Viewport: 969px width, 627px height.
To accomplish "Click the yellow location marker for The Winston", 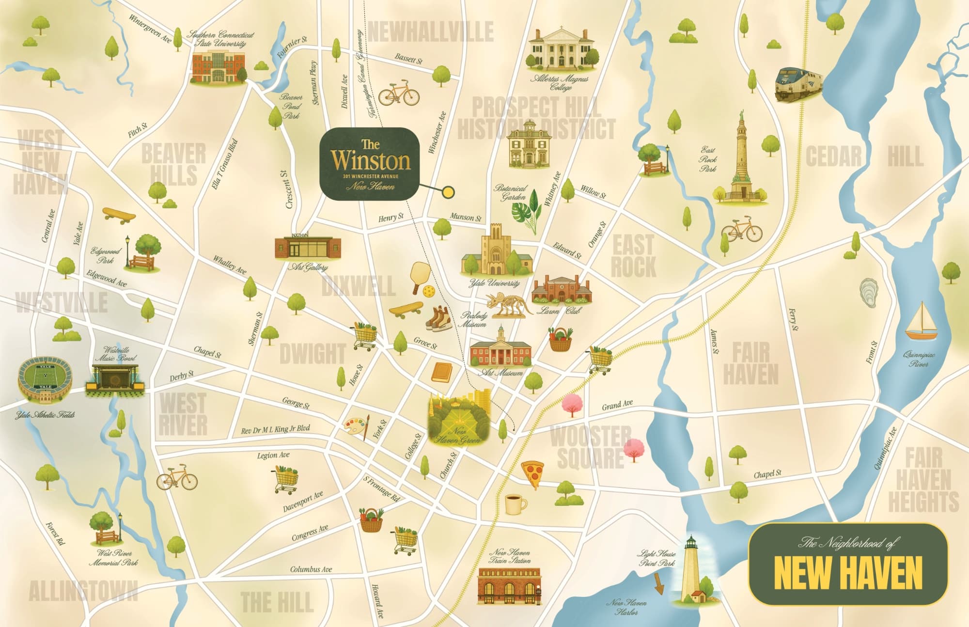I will click(449, 192).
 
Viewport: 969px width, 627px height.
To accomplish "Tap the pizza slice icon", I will click(532, 474).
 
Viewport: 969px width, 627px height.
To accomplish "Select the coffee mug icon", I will click(515, 504).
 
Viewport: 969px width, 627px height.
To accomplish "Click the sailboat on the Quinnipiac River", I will click(921, 322).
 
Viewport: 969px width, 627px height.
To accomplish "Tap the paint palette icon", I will click(356, 427).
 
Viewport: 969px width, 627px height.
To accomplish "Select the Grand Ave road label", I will click(617, 405).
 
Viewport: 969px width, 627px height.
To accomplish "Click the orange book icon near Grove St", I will click(441, 373).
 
